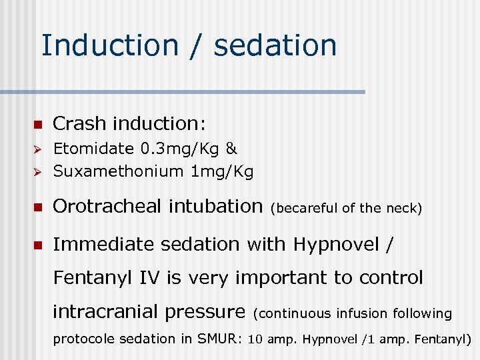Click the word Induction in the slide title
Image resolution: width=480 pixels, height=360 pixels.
(x=110, y=45)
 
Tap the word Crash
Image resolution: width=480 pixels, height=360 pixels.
(x=79, y=123)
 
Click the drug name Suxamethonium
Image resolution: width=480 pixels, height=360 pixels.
(x=118, y=171)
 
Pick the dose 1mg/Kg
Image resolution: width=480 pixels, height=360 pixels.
(x=222, y=171)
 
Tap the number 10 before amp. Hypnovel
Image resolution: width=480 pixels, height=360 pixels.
(x=255, y=339)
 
